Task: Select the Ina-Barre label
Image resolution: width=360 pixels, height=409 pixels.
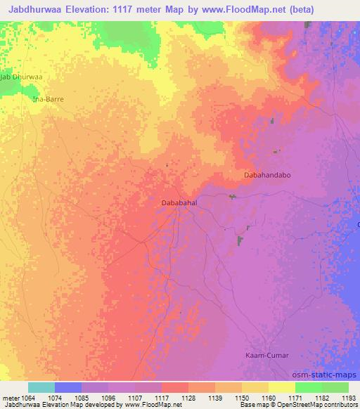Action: point(49,100)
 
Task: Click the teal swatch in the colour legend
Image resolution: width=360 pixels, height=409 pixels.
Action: point(41,387)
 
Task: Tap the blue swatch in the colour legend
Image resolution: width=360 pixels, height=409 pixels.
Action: point(68,387)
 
